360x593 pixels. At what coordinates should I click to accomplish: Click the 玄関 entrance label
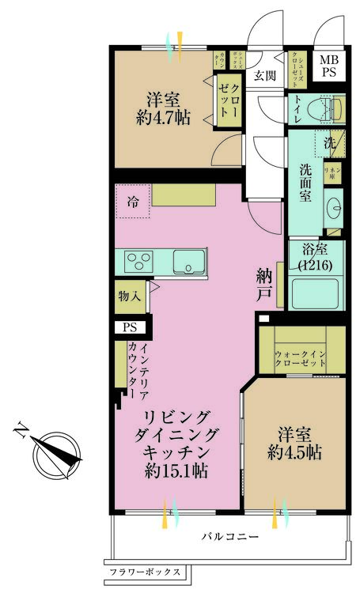[265, 76]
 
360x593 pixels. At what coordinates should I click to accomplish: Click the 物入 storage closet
[129, 297]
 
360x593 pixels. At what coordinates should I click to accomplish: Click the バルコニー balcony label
[229, 537]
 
